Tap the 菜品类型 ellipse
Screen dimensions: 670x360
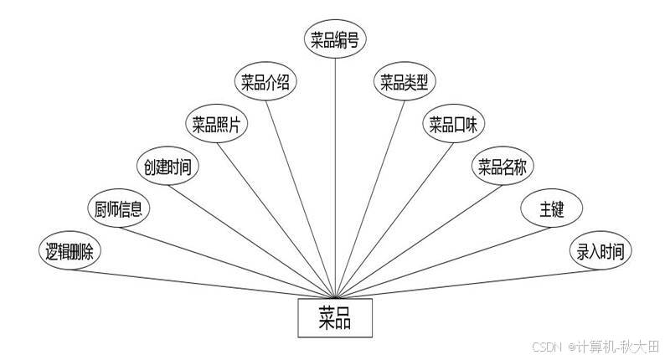[405, 82]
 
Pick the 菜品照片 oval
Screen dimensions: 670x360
[216, 126]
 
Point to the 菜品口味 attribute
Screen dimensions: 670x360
[453, 126]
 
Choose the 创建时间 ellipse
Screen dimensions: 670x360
[167, 167]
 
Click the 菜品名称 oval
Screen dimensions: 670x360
[502, 167]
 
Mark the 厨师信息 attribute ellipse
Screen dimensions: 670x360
[118, 208]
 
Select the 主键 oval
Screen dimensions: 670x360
[551, 208]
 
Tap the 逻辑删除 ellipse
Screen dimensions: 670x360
[71, 250]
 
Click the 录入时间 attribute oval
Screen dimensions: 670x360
[600, 250]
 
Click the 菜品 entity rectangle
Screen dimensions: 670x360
[334, 317]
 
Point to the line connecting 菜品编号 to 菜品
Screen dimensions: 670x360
[335, 167]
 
